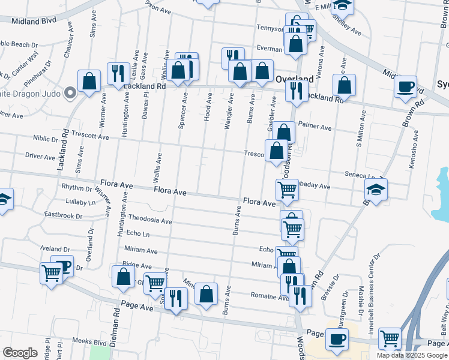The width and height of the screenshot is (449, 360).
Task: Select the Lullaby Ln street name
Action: coord(80,202)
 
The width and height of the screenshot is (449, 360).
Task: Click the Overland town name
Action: coord(294,79)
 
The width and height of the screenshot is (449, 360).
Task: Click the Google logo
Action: coord(20,353)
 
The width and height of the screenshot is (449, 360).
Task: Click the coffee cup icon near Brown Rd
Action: coord(406,86)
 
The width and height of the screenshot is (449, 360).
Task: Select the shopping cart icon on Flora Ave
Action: coord(287,190)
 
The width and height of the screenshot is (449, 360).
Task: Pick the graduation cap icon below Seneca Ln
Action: coord(376,190)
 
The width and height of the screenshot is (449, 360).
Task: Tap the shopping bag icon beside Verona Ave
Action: coord(344,85)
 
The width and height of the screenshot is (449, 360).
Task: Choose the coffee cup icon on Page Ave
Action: coord(336,339)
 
